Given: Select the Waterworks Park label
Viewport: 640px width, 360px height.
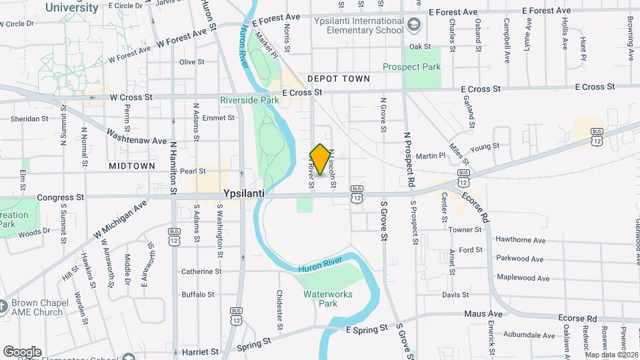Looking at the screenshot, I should point(328,299).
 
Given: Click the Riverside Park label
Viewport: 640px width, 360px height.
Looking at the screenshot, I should point(249,100).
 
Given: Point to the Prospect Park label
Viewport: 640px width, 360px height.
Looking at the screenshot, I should point(412,67).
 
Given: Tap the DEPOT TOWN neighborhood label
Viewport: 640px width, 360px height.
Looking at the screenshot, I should point(338,79).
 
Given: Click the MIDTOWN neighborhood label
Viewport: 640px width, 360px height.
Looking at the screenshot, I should point(133,165).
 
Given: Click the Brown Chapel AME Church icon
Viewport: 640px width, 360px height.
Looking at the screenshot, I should point(5,307).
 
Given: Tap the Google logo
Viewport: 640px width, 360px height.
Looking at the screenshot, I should point(23,351).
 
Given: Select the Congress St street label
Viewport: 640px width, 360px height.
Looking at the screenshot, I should point(61,197).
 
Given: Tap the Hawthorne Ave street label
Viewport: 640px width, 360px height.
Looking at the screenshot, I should point(520,241).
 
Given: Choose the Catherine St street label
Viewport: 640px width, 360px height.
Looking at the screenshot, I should point(201,271).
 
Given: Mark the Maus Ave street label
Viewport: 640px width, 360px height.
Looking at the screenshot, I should point(485,313).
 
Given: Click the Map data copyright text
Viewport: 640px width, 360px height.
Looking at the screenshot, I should point(610,354).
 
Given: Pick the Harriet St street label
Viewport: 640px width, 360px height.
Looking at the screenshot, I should point(200,351).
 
